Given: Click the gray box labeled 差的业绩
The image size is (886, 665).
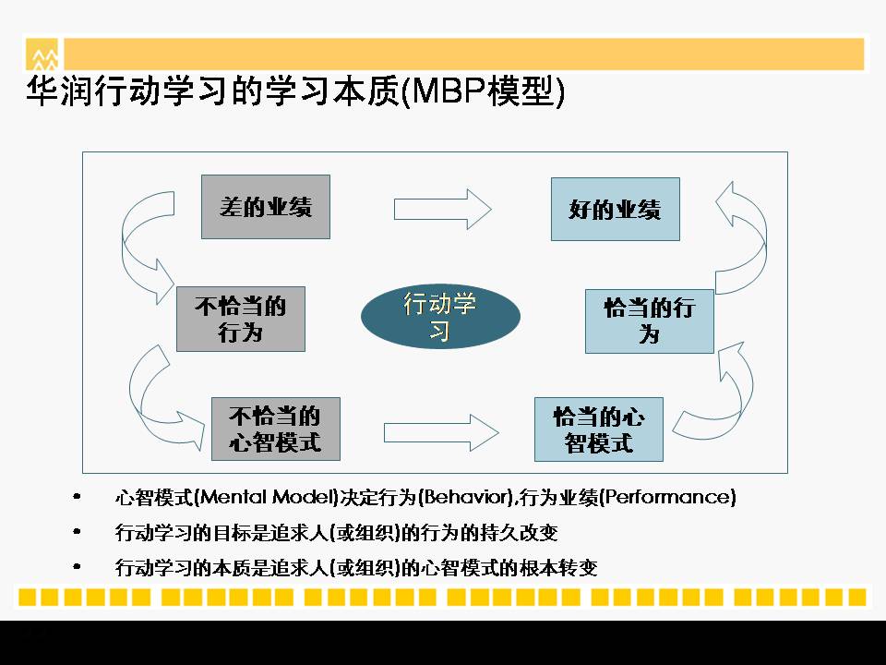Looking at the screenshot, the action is click(266, 207).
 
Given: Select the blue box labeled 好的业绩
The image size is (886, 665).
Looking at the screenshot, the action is click(616, 210).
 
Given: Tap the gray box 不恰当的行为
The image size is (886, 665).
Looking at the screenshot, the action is click(241, 319).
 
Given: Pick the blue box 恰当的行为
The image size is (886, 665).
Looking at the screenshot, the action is click(649, 321).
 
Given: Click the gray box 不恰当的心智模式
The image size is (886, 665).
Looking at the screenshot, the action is click(276, 429).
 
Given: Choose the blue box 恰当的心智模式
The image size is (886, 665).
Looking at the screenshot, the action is click(598, 429).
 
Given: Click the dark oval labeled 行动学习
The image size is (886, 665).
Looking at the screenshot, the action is click(440, 316).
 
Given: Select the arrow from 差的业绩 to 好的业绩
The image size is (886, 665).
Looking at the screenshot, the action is click(442, 210).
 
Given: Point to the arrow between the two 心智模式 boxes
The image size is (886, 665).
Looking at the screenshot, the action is click(441, 433).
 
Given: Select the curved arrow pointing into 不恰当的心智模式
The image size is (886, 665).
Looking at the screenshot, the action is click(136, 396).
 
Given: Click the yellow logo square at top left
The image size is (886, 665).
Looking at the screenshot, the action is click(42, 54).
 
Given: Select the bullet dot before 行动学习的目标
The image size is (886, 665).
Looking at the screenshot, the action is click(77, 532).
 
